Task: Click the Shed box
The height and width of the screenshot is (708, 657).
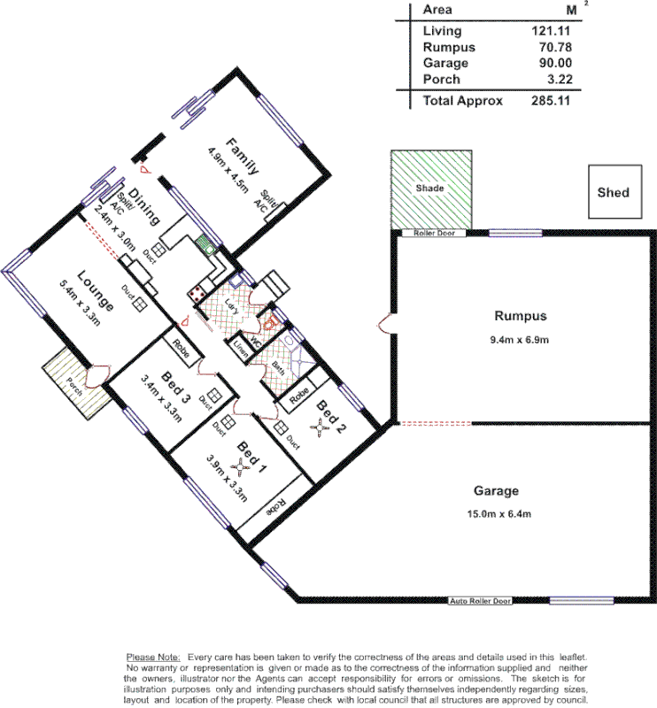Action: coord(614,191)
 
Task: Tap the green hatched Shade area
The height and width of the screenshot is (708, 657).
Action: coord(430,189)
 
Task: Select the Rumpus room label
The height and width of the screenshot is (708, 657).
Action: coord(521,316)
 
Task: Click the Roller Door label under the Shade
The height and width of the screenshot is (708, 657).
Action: coord(427,234)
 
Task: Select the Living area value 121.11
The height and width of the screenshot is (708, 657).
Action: coord(549,31)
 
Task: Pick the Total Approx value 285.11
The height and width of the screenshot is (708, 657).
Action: coord(549,101)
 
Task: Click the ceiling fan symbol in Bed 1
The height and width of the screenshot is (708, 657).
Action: coord(237,465)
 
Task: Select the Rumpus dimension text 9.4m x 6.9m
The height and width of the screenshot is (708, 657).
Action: coord(521,340)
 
